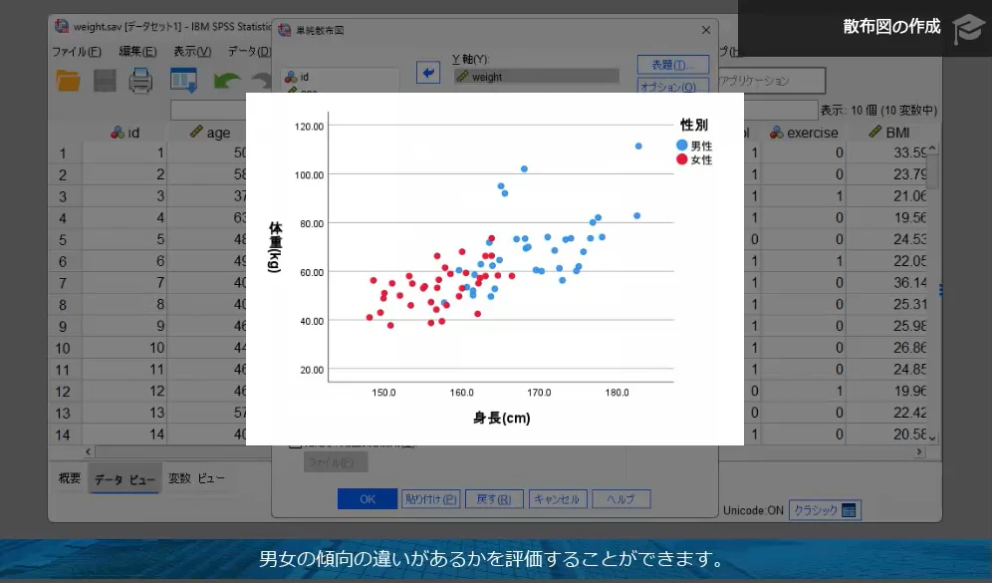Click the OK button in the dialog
(x=367, y=499)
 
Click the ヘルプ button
(x=621, y=499)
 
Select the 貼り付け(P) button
(x=431, y=499)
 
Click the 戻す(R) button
(x=493, y=499)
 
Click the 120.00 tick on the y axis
(x=311, y=127)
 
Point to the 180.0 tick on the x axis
(x=618, y=393)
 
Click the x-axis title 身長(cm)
(x=501, y=419)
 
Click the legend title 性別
(x=694, y=126)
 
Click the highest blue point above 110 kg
(x=638, y=146)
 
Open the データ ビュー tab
(x=124, y=479)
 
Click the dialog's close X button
(x=706, y=31)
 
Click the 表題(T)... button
(x=673, y=65)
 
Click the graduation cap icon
(x=966, y=28)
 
